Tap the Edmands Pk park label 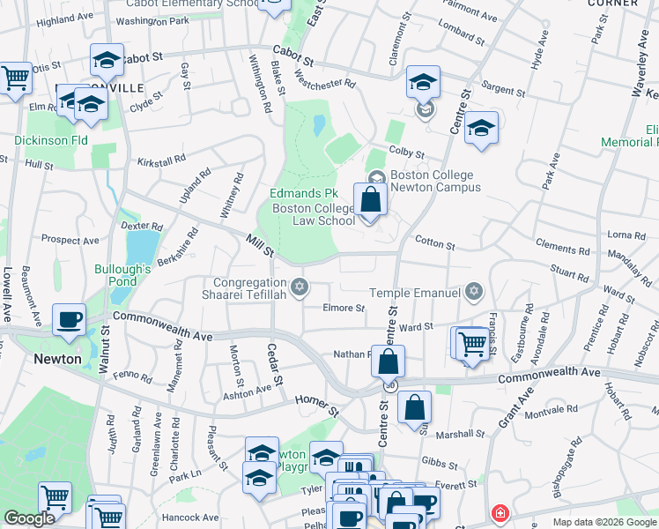point(304,193)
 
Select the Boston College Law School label point(314,214)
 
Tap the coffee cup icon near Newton point(69,321)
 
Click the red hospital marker point(500,513)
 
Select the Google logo point(28,518)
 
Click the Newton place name point(57,359)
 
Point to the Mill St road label point(260,246)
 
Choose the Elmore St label point(344,309)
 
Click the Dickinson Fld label point(50,140)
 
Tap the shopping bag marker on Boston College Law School point(371,200)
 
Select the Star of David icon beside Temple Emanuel point(474,291)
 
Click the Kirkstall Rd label point(162,162)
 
